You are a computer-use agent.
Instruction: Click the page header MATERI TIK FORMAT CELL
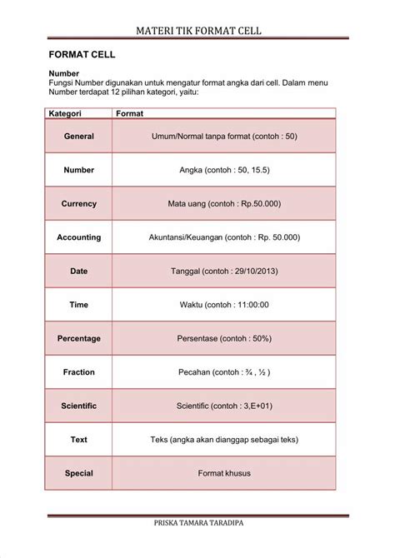(197, 31)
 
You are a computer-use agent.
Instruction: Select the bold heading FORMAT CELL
(82, 55)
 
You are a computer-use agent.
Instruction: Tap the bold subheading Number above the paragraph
(64, 73)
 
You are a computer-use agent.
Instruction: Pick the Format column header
(129, 113)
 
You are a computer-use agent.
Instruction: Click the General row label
(78, 136)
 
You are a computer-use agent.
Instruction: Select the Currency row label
(78, 203)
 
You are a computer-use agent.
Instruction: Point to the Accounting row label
(78, 237)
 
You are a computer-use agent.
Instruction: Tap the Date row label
(78, 272)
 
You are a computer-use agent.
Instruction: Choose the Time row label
(78, 305)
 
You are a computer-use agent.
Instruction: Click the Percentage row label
(78, 339)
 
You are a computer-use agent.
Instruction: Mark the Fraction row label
(78, 372)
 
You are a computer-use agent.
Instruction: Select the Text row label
(78, 440)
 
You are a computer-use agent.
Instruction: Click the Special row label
(78, 474)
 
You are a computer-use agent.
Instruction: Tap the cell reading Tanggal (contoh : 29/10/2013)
(224, 272)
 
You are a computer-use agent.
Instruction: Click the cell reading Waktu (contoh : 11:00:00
(224, 305)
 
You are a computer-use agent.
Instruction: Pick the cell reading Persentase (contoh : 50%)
(224, 339)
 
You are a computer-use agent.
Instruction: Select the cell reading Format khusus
(224, 474)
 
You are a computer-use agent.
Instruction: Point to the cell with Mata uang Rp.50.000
(224, 203)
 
